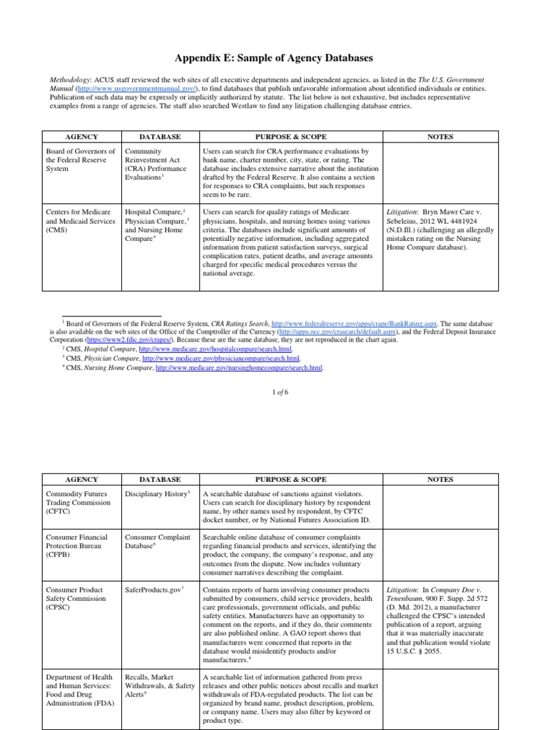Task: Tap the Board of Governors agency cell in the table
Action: pyautogui.click(x=80, y=161)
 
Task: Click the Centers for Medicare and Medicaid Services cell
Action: pyautogui.click(x=80, y=222)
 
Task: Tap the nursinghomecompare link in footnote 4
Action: pyautogui.click(x=238, y=368)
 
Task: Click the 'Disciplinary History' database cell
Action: pyautogui.click(x=157, y=493)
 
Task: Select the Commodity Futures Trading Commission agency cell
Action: pyautogui.click(x=80, y=503)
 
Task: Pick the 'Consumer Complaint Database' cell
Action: pyautogui.click(x=157, y=542)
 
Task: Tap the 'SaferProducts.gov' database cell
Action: pyautogui.click(x=154, y=590)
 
